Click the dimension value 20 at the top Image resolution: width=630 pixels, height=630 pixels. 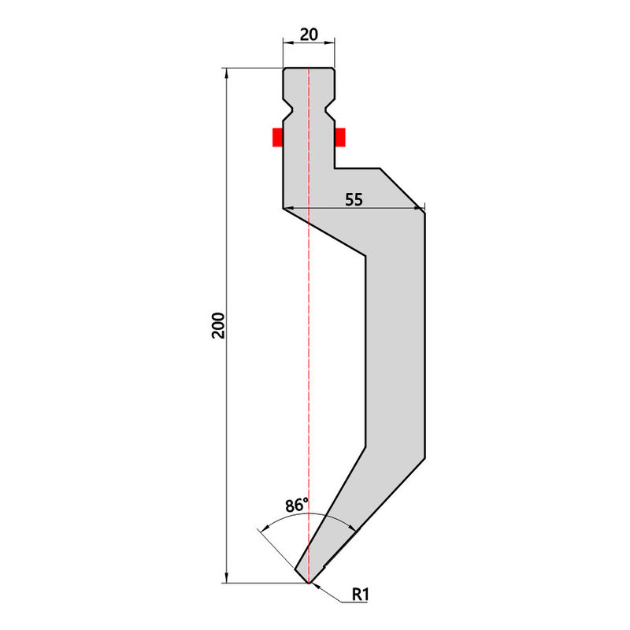[x=309, y=35]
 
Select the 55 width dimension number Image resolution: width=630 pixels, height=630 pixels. [x=354, y=200]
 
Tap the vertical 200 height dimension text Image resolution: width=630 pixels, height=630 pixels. [x=219, y=325]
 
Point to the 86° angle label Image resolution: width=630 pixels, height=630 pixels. [x=297, y=505]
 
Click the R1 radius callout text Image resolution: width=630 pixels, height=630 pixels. [x=360, y=595]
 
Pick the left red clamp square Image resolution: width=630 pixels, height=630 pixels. [x=278, y=137]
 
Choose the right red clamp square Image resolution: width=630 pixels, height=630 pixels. [x=340, y=137]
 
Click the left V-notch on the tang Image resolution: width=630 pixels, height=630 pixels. [x=288, y=109]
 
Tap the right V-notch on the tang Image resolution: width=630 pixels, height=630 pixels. [x=329, y=109]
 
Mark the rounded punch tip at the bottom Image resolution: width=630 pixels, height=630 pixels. [x=309, y=582]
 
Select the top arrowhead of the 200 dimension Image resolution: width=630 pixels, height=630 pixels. [x=227, y=73]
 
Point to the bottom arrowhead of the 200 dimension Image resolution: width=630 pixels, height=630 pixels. [x=227, y=578]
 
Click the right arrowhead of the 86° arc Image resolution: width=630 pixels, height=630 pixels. [x=352, y=527]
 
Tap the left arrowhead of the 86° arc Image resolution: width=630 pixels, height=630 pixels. [x=265, y=528]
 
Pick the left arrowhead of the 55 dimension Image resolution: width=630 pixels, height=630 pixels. [x=288, y=208]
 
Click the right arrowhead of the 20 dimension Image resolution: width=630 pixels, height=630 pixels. [x=330, y=42]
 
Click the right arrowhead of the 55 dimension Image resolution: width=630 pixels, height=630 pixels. [x=420, y=208]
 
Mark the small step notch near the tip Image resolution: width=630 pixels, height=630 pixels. [x=324, y=565]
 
